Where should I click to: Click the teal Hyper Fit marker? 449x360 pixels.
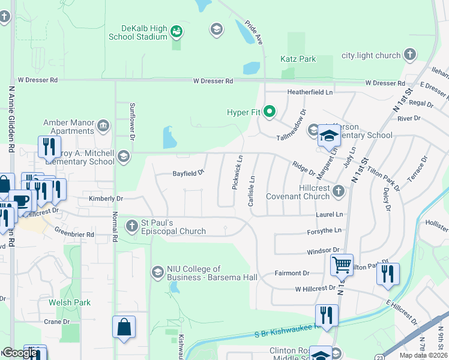[x=270, y=112]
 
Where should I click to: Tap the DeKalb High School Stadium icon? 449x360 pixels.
[x=176, y=31]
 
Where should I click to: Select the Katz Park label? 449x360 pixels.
[x=298, y=59]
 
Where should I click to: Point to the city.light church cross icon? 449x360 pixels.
[x=410, y=55]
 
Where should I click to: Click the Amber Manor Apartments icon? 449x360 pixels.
[x=104, y=125]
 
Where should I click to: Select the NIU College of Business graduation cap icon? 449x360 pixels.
[x=158, y=273]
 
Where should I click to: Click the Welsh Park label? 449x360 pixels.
[x=70, y=302]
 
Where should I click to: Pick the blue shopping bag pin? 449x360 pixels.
[x=124, y=328]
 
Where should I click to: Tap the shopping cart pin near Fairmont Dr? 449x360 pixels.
[x=342, y=264]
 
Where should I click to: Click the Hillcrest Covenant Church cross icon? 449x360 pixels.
[x=339, y=191]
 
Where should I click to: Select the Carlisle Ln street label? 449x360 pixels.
[x=252, y=191]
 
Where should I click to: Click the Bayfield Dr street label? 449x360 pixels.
[x=188, y=172]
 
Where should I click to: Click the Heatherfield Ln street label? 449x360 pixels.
[x=310, y=92]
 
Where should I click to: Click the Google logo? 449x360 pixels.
[x=20, y=353]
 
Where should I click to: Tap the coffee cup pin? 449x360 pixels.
[x=20, y=200]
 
